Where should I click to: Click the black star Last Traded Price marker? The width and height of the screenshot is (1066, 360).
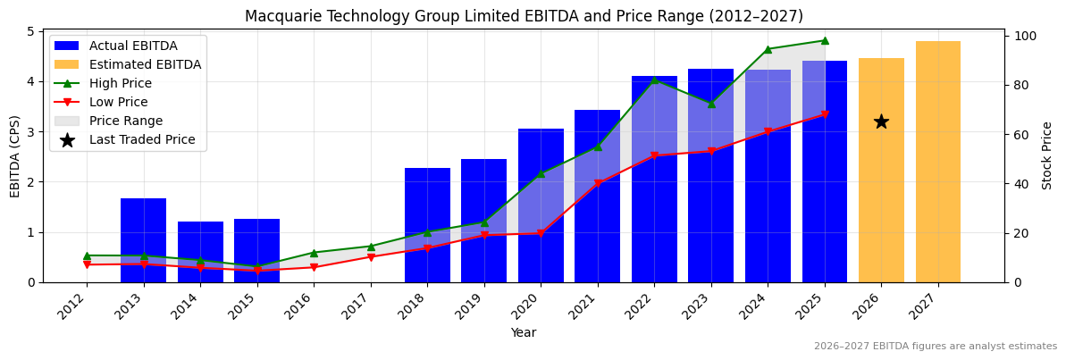(x=881, y=121)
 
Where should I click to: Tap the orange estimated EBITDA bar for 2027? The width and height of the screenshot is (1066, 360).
(x=938, y=161)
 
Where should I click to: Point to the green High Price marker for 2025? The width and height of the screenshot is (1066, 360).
(x=824, y=40)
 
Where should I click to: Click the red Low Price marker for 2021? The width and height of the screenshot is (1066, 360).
(x=598, y=184)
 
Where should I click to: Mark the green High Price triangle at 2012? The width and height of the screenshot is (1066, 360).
(x=87, y=255)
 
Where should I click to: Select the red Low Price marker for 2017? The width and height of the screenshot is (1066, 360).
(x=371, y=257)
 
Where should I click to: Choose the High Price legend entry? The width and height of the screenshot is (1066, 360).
(x=120, y=83)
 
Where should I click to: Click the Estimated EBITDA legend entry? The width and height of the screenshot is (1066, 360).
(x=145, y=64)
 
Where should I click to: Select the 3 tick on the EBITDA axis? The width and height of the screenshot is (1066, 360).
(x=30, y=132)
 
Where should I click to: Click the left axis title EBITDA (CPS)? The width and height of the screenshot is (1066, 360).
(x=15, y=155)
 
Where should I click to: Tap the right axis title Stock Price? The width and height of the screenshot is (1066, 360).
(x=1047, y=155)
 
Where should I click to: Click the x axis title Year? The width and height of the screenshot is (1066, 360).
(x=524, y=332)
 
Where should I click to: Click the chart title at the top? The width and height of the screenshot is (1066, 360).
(x=524, y=16)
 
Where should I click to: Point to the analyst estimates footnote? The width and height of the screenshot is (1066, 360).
(x=935, y=347)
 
